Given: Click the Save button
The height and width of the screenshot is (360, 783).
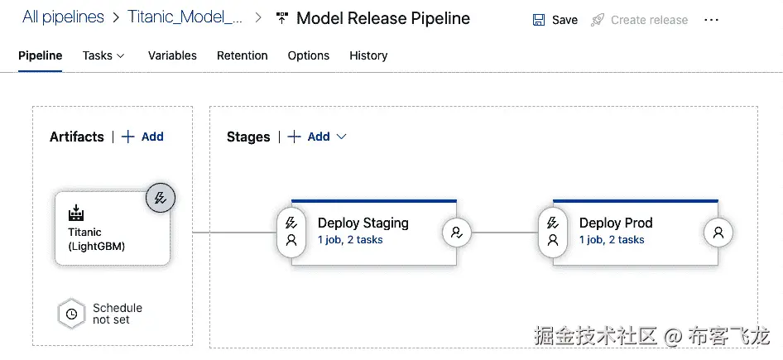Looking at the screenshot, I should point(555,19).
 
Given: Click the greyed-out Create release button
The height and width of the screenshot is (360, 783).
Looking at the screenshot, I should point(639,19).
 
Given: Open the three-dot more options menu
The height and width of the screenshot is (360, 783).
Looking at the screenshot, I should point(711,19).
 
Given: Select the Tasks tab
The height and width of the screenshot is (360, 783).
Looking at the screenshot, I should point(103,55).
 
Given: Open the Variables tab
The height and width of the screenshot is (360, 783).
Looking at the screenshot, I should point(172,55).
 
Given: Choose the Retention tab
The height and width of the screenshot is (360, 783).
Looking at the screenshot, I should point(242,55).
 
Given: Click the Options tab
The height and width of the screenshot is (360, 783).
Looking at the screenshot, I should point(308,55).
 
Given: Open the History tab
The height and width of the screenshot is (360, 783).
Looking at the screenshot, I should point(368,55).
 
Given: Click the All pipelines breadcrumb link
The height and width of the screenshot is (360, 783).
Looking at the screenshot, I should point(64,17).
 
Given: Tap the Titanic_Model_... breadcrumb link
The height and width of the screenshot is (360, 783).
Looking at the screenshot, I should point(185,17).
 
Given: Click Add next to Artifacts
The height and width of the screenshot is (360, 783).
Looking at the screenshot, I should point(143,137).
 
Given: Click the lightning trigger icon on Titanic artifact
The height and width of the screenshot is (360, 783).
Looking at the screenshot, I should point(161,198).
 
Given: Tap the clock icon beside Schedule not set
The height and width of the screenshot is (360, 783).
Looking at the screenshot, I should point(72,314).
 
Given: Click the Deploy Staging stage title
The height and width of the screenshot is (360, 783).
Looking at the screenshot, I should point(363,223).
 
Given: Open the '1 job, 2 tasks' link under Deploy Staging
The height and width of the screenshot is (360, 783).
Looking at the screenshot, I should point(350,240).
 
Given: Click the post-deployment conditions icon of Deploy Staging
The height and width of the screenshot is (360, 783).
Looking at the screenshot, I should point(456,233).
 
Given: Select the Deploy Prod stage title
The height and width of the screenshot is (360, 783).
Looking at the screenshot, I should point(616,223).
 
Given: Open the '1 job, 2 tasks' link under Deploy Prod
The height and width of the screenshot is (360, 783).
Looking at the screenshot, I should point(612,240).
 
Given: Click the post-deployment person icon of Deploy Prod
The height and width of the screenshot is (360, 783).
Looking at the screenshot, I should point(718,233).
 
